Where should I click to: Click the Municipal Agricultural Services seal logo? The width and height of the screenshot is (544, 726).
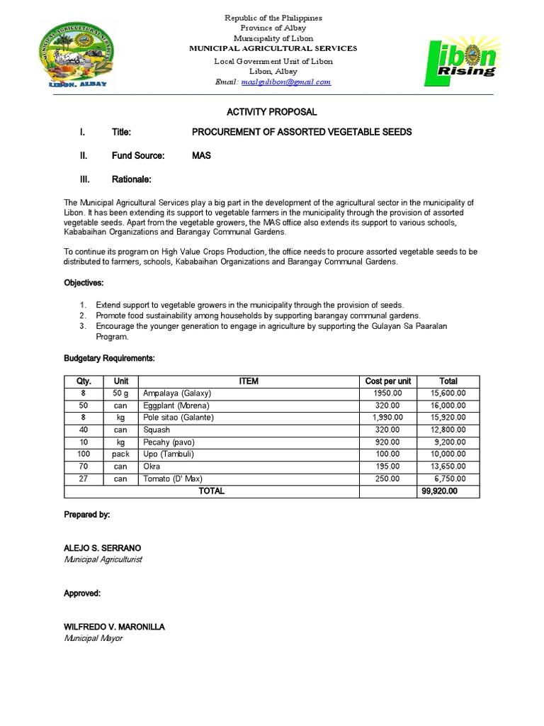pos(73,52)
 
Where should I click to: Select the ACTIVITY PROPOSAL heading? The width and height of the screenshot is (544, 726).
pos(271,112)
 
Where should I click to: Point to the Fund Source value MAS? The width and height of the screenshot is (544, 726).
pos(201,155)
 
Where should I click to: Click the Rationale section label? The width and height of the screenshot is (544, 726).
pos(131,179)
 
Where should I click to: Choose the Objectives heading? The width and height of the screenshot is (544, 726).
pos(84,283)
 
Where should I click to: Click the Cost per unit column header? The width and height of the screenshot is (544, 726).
pos(387,381)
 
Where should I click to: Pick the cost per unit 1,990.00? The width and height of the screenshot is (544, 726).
pos(387,418)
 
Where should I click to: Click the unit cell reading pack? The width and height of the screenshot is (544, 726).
pos(120,454)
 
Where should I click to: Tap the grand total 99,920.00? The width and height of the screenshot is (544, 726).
pos(439,491)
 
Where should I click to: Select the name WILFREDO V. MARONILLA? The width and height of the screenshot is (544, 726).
pos(114,627)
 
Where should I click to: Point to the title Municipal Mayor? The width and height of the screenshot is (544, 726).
pos(93,638)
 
